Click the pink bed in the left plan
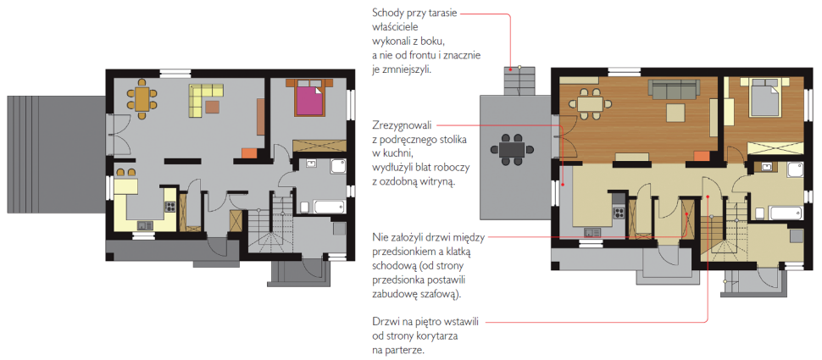pos(308,101)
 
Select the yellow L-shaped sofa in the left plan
pos(203,99)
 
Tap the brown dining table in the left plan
pos(142,98)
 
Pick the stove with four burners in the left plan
pos(170,206)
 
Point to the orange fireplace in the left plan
pos(248,153)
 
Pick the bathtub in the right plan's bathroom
pos(778,212)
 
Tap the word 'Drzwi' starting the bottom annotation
pos(386,322)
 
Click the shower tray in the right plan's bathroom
pos(797,171)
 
